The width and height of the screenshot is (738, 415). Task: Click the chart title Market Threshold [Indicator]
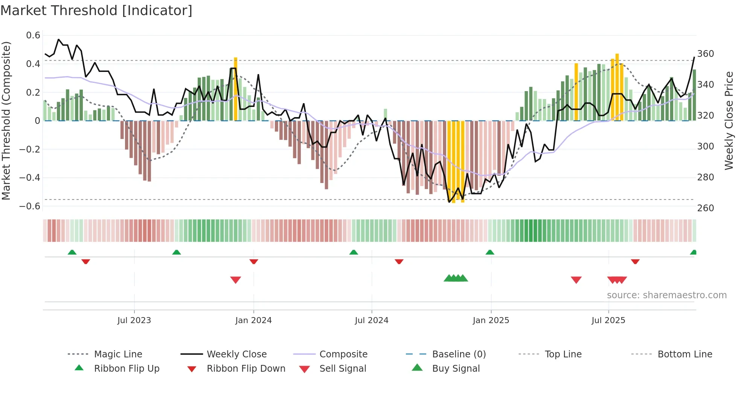(x=96, y=11)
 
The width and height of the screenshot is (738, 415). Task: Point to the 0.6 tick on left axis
(x=33, y=35)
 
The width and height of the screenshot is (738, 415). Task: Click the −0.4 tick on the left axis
(x=30, y=177)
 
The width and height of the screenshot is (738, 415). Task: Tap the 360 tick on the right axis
(x=705, y=54)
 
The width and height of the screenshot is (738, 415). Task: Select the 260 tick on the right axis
(x=705, y=208)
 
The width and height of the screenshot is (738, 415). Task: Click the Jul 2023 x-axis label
(x=134, y=320)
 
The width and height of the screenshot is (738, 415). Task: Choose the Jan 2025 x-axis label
(x=491, y=320)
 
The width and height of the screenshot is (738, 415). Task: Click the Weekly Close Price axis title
(x=729, y=121)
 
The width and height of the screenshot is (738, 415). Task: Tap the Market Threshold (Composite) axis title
(x=6, y=121)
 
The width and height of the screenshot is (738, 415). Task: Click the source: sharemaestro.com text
(x=666, y=295)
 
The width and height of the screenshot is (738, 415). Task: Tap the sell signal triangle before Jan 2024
(x=235, y=279)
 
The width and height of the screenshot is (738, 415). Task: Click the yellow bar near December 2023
(x=236, y=89)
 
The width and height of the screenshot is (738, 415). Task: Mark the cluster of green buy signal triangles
(x=456, y=278)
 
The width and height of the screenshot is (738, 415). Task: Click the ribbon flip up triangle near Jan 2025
(x=489, y=252)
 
